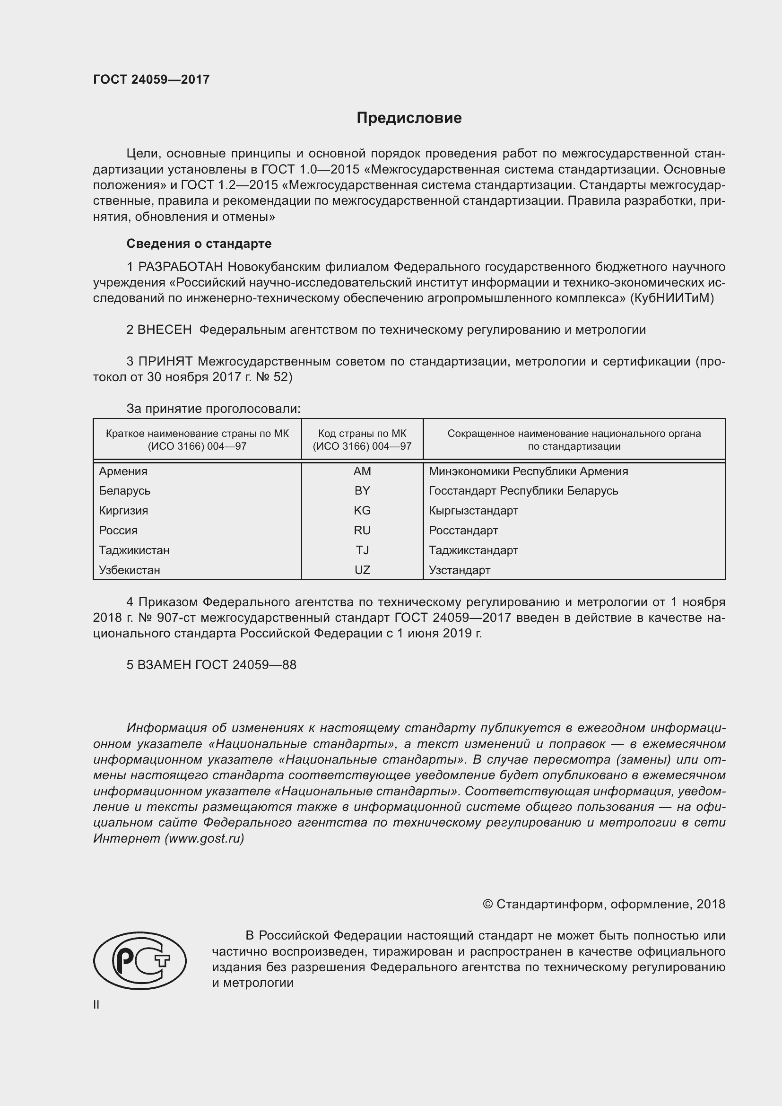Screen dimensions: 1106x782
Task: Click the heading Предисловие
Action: [409, 118]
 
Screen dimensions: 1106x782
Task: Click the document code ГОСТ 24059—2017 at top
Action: [151, 79]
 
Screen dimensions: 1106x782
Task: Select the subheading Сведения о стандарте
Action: [199, 244]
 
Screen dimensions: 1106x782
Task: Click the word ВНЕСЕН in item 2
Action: [165, 330]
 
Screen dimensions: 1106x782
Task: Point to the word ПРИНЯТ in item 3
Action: [165, 361]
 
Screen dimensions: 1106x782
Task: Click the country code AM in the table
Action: [362, 471]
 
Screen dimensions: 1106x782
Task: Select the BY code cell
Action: [362, 491]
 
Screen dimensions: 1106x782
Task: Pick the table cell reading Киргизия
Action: [124, 511]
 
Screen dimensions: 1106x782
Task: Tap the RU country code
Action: [362, 531]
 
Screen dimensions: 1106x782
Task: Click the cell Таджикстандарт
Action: [473, 550]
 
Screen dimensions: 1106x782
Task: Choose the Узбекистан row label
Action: [130, 570]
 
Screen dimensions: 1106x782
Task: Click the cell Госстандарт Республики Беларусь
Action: [523, 491]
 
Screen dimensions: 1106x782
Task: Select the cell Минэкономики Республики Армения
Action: [528, 471]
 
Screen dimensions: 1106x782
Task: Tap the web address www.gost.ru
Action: [205, 839]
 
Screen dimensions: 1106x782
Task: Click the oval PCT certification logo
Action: [139, 961]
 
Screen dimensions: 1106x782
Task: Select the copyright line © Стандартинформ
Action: [604, 904]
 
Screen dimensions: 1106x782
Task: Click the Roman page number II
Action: [96, 1005]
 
